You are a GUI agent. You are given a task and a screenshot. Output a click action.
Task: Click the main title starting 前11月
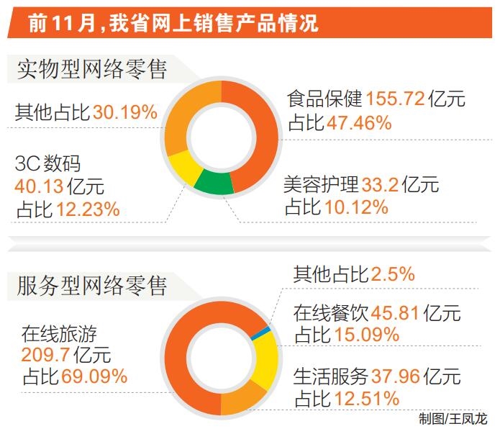[x=173, y=24]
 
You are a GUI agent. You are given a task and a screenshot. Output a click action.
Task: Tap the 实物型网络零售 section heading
[x=92, y=70]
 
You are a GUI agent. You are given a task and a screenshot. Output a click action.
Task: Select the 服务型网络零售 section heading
[x=92, y=286]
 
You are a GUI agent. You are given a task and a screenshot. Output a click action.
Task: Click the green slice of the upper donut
[x=214, y=181]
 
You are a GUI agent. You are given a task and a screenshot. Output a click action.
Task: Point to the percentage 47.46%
[x=359, y=122]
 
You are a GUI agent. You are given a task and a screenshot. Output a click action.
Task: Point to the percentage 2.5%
[x=394, y=274]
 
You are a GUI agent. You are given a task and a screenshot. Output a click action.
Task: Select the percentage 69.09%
[x=94, y=376]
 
